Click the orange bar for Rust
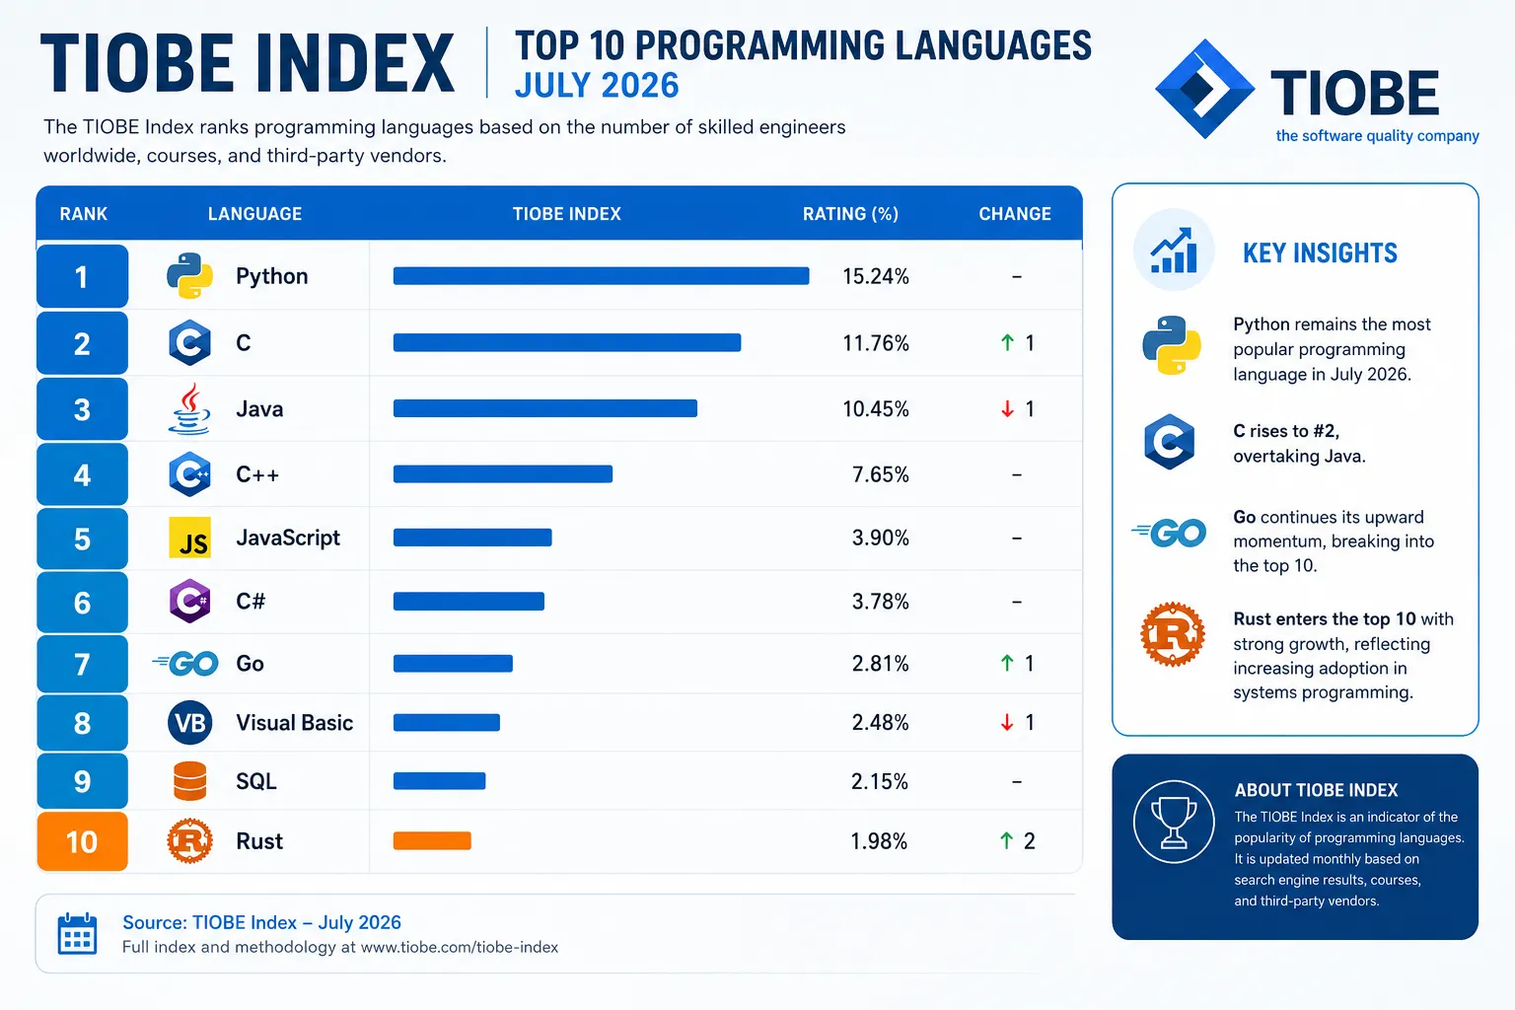431,841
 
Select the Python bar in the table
601,276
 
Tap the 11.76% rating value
875,343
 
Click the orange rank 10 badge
82,841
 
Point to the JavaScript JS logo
189,538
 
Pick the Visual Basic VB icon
189,723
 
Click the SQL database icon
189,781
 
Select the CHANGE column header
1015,214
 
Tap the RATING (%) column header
850,214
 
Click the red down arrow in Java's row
1007,408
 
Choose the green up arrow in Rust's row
1006,841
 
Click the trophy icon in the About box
1174,822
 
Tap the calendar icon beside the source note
77,934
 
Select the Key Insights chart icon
1174,251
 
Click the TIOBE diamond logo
1204,89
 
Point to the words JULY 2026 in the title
597,86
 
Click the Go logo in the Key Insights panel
1169,533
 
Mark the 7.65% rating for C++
880,474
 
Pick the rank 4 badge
82,474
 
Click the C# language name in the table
251,601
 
